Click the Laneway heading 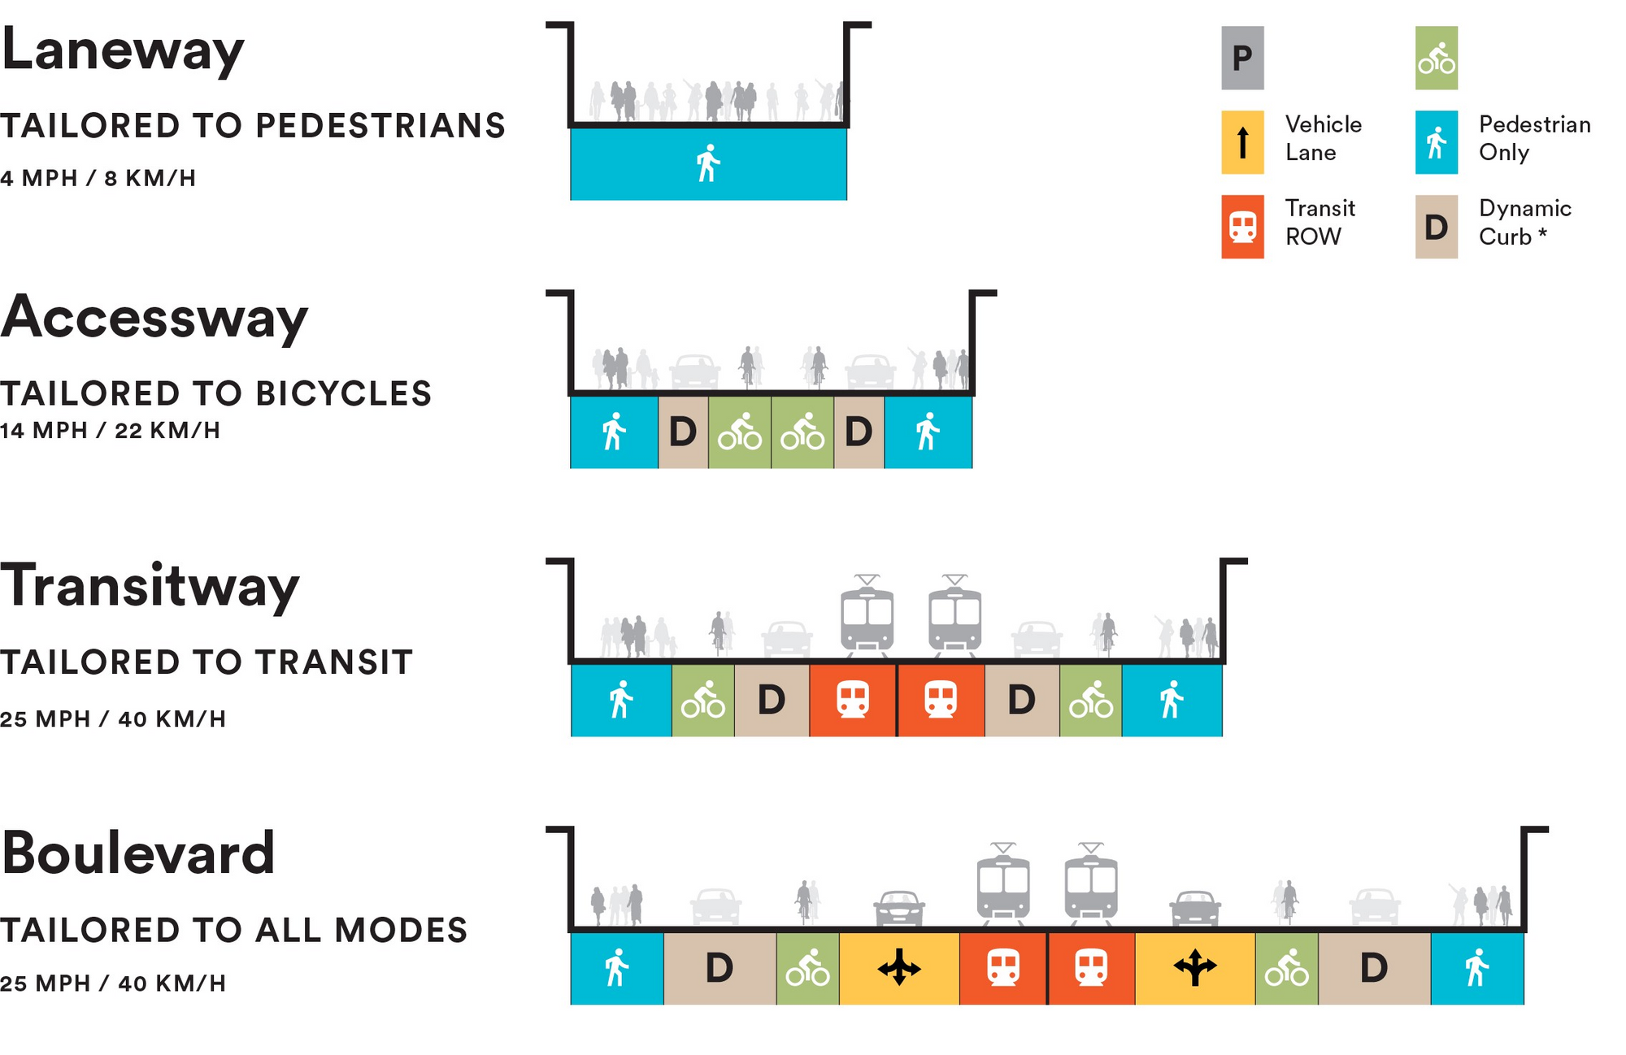tap(123, 50)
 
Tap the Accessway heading tap(154, 318)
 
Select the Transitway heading tap(150, 586)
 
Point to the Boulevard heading tap(138, 853)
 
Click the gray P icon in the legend tap(1242, 58)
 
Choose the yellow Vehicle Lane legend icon tap(1242, 142)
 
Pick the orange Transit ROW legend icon tap(1242, 227)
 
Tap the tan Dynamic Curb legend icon tap(1436, 227)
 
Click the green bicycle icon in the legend tap(1436, 58)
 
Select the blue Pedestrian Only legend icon tap(1436, 142)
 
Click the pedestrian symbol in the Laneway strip tap(708, 163)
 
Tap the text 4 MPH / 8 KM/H tap(98, 178)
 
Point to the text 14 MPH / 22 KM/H tap(111, 430)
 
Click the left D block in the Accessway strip tap(683, 432)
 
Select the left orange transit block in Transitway tap(853, 700)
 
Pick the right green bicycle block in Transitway tap(1090, 700)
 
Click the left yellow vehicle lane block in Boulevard tap(899, 968)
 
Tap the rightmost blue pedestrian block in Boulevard tap(1476, 968)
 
